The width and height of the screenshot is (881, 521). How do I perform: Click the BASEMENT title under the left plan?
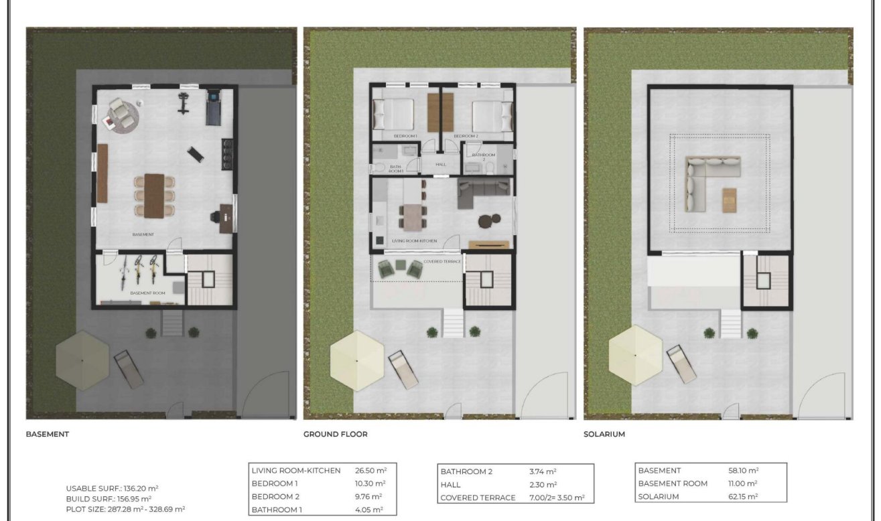[47, 434]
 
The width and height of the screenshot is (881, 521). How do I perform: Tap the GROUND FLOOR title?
[335, 434]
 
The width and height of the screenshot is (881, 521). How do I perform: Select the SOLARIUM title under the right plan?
[604, 434]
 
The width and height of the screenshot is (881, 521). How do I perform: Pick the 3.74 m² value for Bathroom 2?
[543, 471]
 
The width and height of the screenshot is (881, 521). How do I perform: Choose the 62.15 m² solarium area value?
[743, 496]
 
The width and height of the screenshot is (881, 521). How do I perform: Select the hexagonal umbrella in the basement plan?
[82, 360]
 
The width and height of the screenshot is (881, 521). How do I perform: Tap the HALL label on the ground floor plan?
[440, 164]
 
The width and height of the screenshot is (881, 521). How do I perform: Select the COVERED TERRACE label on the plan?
[442, 261]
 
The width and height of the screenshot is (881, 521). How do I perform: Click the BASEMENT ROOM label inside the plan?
[147, 293]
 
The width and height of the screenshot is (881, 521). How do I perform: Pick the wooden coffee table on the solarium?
[730, 199]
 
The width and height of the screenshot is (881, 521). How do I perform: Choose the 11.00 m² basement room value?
[742, 483]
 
